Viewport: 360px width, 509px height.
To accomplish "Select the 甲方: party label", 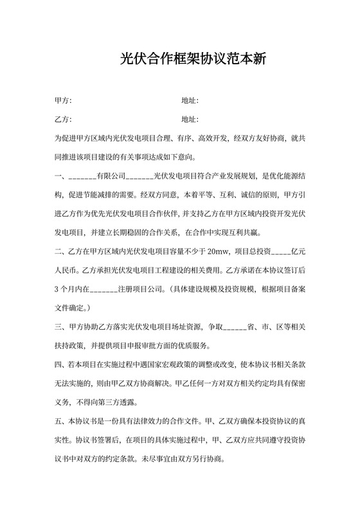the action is click(64, 101).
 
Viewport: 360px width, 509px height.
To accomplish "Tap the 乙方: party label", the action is click(64, 120).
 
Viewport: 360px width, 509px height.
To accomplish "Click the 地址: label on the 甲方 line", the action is click(190, 101).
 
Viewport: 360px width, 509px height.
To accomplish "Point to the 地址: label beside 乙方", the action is click(190, 120).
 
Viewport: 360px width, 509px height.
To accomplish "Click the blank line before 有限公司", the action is click(82, 175).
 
